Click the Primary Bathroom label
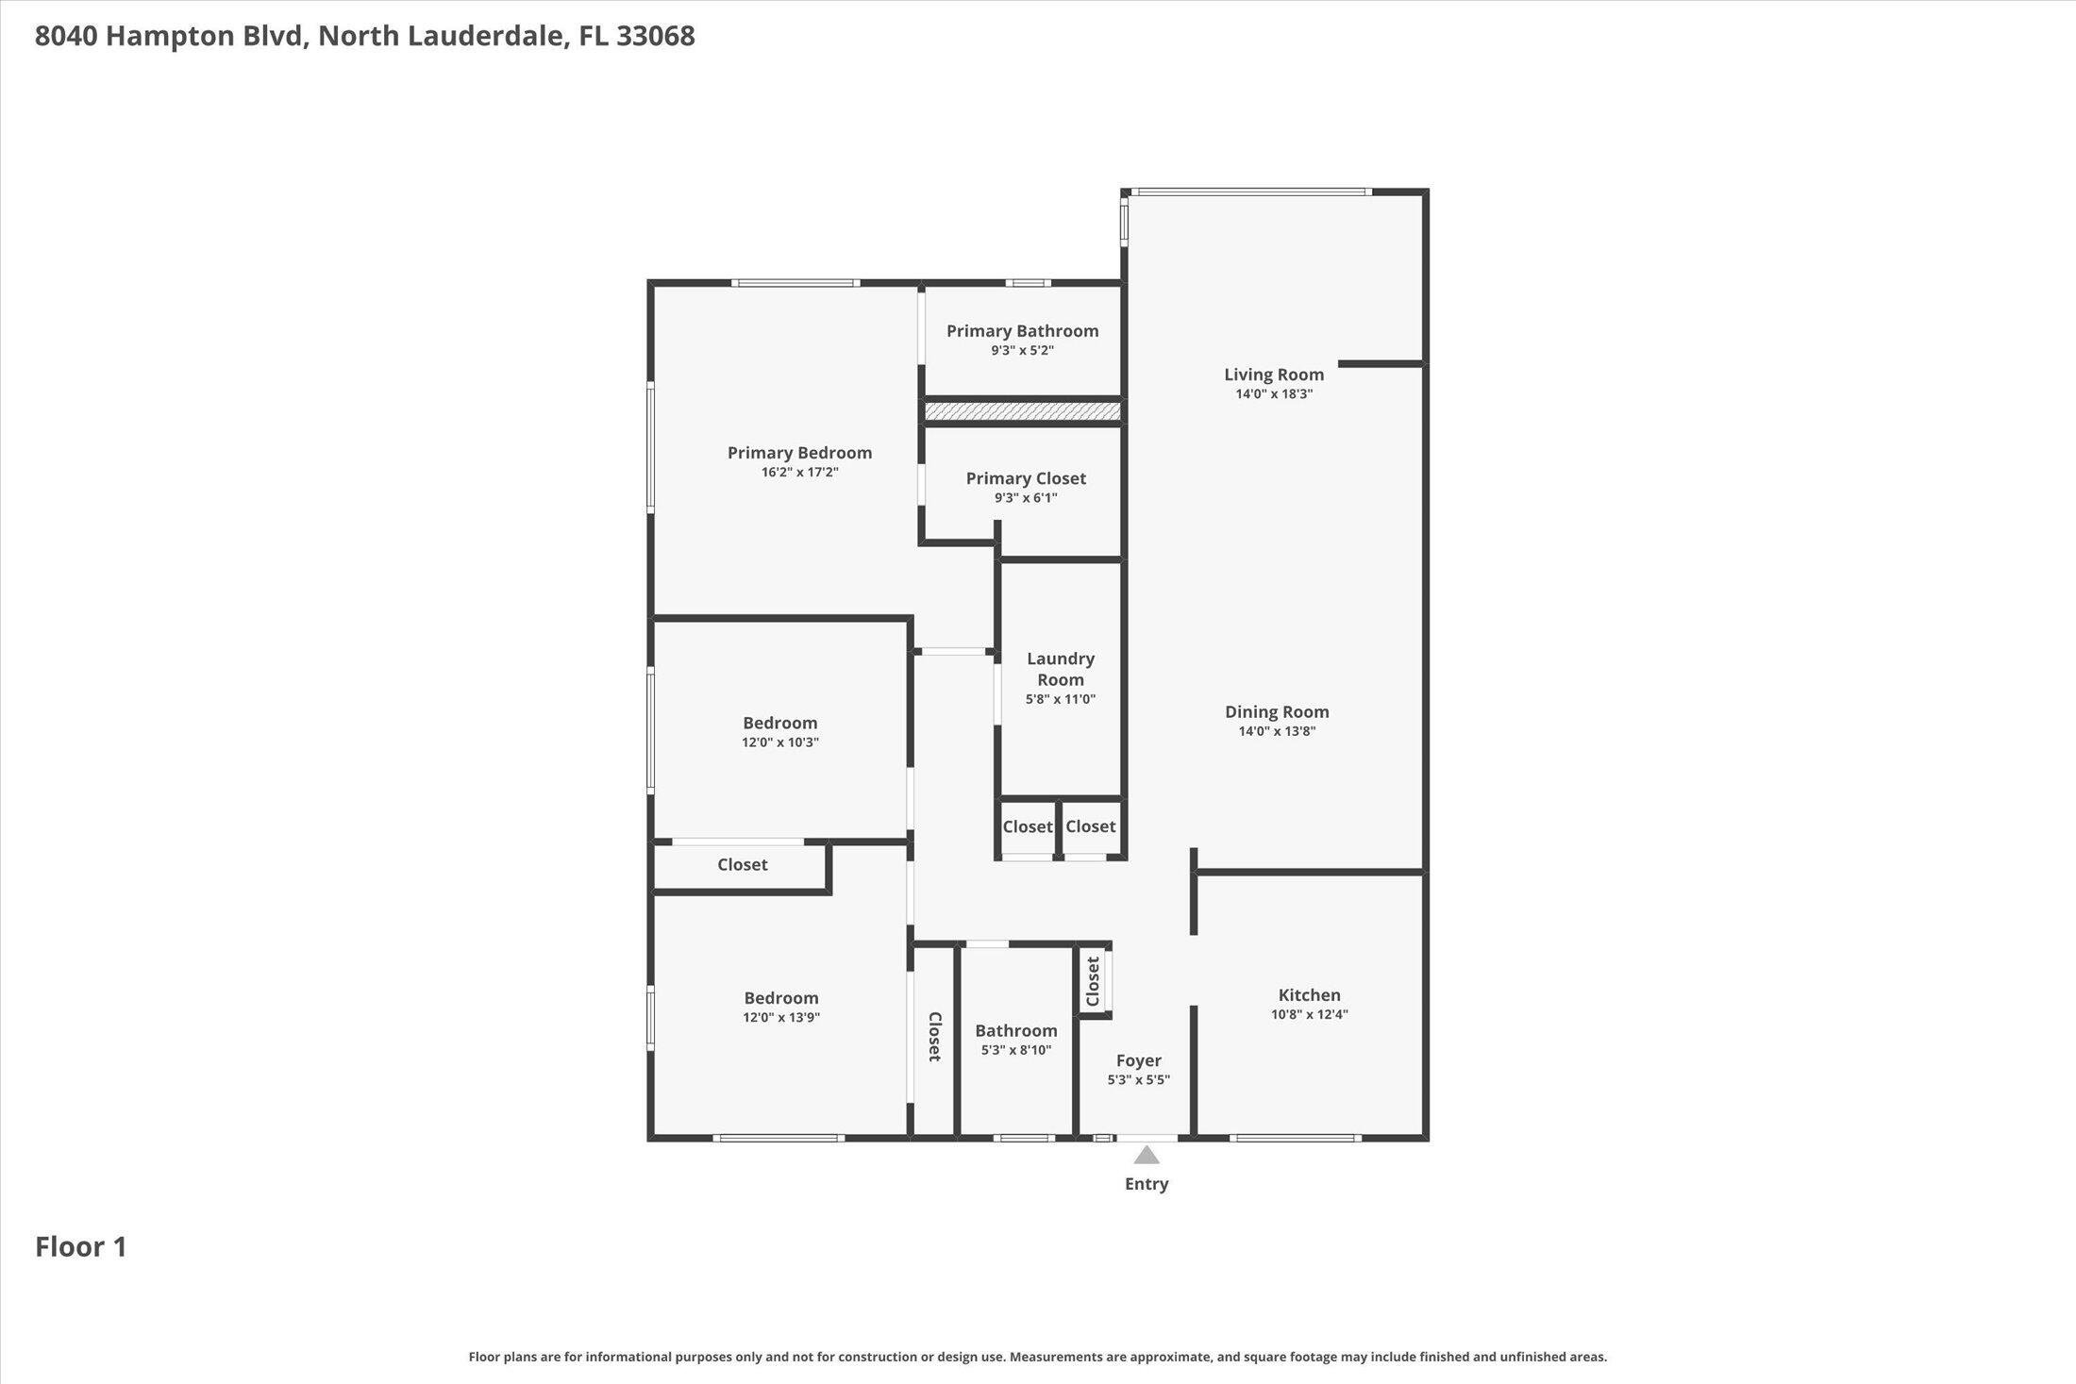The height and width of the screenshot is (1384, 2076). click(1022, 331)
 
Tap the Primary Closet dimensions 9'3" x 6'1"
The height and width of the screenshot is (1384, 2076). click(1026, 498)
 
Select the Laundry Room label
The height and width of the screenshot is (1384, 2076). click(1061, 669)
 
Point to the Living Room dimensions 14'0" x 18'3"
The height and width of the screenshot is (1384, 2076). click(1274, 394)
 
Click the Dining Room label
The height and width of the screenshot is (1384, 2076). click(1277, 712)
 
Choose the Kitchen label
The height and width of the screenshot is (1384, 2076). click(1309, 995)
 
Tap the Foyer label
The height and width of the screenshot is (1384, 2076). click(1138, 1060)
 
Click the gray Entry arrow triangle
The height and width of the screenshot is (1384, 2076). click(1147, 1156)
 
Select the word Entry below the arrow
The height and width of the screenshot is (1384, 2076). click(1147, 1184)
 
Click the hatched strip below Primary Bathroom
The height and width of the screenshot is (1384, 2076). click(1022, 412)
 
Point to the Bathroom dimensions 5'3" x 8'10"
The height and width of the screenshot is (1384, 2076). click(1015, 1050)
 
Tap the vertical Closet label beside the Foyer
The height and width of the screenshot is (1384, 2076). click(1093, 982)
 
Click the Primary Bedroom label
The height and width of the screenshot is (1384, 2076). click(799, 453)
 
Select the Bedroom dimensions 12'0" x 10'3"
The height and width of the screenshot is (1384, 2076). click(779, 742)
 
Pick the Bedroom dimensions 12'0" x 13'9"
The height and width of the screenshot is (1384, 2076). click(780, 1018)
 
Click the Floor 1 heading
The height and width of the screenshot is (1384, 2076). click(81, 1247)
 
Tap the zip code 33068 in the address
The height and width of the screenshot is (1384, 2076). click(655, 36)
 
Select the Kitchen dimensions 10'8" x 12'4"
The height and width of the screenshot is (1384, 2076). click(1309, 1015)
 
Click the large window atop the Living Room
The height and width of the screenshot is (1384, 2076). click(1251, 192)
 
